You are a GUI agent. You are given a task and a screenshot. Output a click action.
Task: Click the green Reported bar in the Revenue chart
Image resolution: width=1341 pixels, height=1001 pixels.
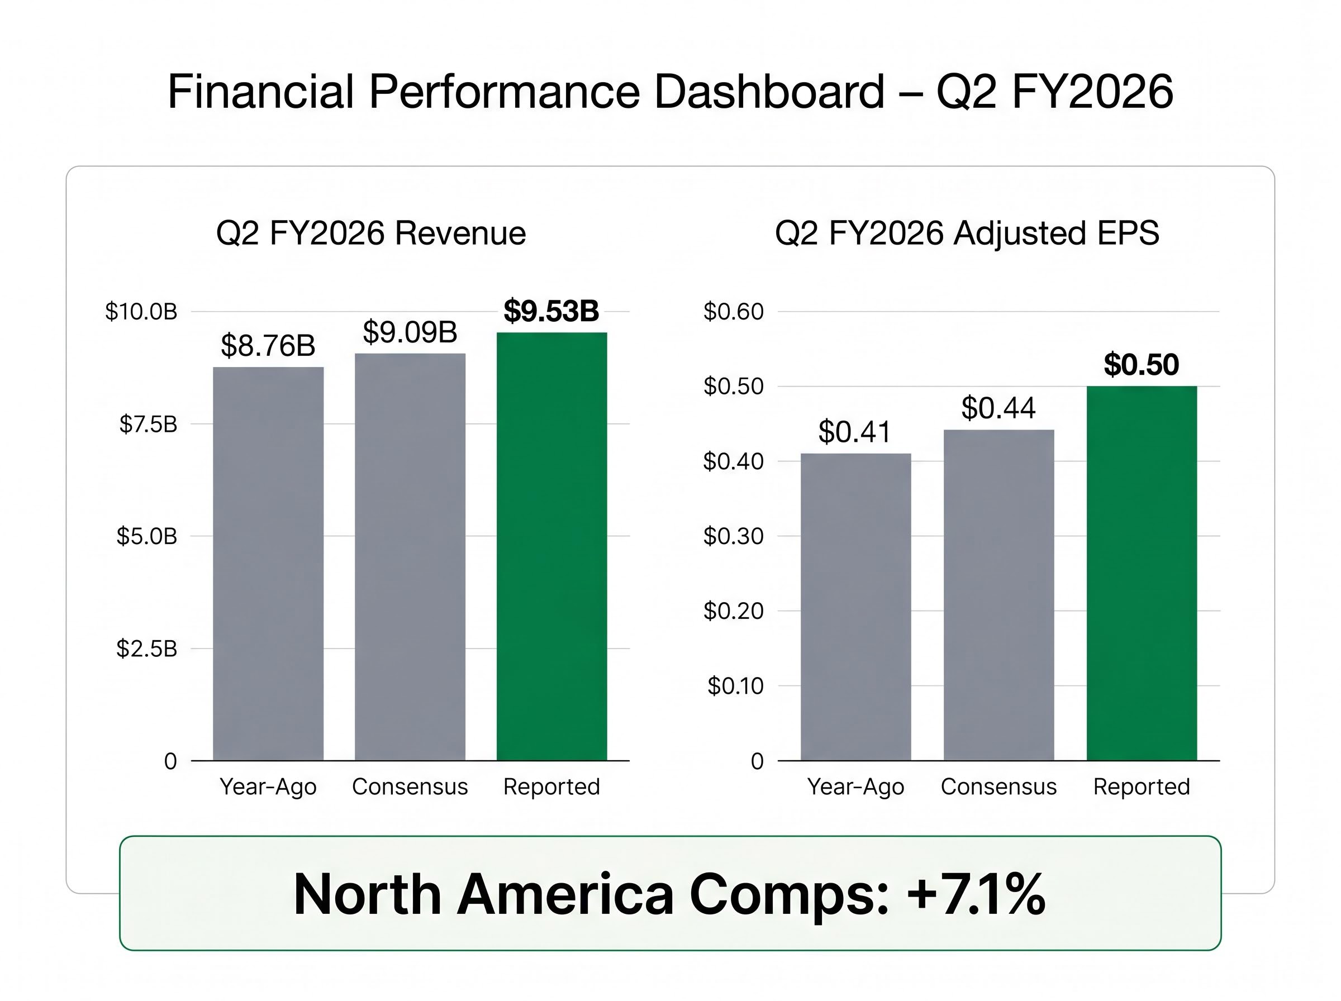[551, 545]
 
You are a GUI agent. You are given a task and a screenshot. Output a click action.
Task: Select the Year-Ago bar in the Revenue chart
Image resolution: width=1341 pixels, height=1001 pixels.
[268, 564]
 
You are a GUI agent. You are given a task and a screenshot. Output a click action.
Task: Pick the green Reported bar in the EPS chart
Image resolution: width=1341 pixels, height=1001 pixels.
[1141, 573]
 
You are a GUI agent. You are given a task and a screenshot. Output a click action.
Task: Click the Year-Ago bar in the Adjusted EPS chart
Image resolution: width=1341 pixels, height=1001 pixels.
[855, 606]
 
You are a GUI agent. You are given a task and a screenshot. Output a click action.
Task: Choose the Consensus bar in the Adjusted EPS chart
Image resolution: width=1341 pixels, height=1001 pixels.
[998, 594]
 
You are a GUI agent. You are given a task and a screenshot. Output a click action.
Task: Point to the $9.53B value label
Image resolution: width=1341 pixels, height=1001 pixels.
[551, 311]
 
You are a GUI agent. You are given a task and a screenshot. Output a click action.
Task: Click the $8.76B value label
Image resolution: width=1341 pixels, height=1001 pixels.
[268, 345]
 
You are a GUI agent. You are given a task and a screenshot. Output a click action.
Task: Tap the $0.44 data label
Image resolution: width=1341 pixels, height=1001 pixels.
[998, 408]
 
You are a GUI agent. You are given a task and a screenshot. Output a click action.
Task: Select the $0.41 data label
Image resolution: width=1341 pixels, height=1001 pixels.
[854, 432]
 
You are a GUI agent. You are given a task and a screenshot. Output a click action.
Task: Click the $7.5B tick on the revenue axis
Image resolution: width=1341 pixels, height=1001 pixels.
[148, 424]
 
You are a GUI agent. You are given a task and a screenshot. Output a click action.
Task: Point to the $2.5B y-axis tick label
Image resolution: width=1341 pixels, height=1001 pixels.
[146, 649]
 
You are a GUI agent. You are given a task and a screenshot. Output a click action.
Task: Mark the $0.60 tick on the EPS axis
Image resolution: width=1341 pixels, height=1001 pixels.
[733, 312]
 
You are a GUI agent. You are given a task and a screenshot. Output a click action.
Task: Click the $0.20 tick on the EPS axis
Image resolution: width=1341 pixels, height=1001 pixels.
[733, 611]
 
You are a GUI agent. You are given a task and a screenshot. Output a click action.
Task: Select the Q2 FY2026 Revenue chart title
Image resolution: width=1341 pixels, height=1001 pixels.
[371, 233]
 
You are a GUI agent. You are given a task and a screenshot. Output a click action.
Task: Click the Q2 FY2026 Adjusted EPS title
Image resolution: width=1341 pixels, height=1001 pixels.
[967, 233]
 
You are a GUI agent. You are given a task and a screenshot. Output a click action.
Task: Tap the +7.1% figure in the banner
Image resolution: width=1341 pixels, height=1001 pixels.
[976, 894]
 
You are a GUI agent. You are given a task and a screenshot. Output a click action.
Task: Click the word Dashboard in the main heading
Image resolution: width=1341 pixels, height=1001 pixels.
[769, 92]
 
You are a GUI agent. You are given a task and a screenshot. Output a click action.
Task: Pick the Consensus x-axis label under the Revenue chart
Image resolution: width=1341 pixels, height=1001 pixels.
[410, 786]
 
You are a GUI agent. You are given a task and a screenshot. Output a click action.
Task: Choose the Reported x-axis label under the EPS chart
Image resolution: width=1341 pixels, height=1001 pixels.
[1141, 786]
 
